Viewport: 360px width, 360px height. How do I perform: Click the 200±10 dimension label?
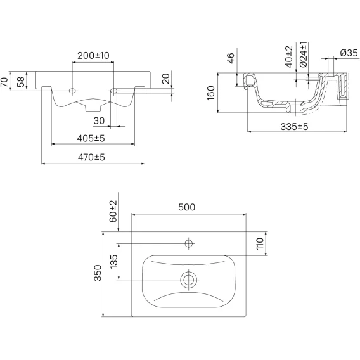93,56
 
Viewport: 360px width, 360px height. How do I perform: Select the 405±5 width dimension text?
91,138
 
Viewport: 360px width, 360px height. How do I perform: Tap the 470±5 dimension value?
91,157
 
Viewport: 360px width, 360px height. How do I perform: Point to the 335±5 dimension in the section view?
294,127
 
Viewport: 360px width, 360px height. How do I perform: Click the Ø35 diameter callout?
349,53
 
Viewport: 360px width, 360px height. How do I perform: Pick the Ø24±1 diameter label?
304,55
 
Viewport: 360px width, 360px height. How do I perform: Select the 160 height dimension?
211,93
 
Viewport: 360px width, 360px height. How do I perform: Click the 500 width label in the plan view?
187,207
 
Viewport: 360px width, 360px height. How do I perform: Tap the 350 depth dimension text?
98,273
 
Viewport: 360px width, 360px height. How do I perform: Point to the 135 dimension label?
114,262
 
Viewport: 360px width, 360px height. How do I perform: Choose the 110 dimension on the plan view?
260,243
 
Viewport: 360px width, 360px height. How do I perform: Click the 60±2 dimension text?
113,211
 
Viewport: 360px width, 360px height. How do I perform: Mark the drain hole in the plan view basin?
188,280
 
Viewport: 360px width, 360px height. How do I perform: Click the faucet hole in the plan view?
188,243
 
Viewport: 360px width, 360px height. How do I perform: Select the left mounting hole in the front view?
72,91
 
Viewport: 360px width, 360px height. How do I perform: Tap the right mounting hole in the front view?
113,91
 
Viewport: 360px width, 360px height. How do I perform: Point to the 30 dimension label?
99,121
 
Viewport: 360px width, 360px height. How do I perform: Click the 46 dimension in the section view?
231,58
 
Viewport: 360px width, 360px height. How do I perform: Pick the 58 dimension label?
21,82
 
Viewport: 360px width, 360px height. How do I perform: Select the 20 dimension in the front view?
166,79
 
